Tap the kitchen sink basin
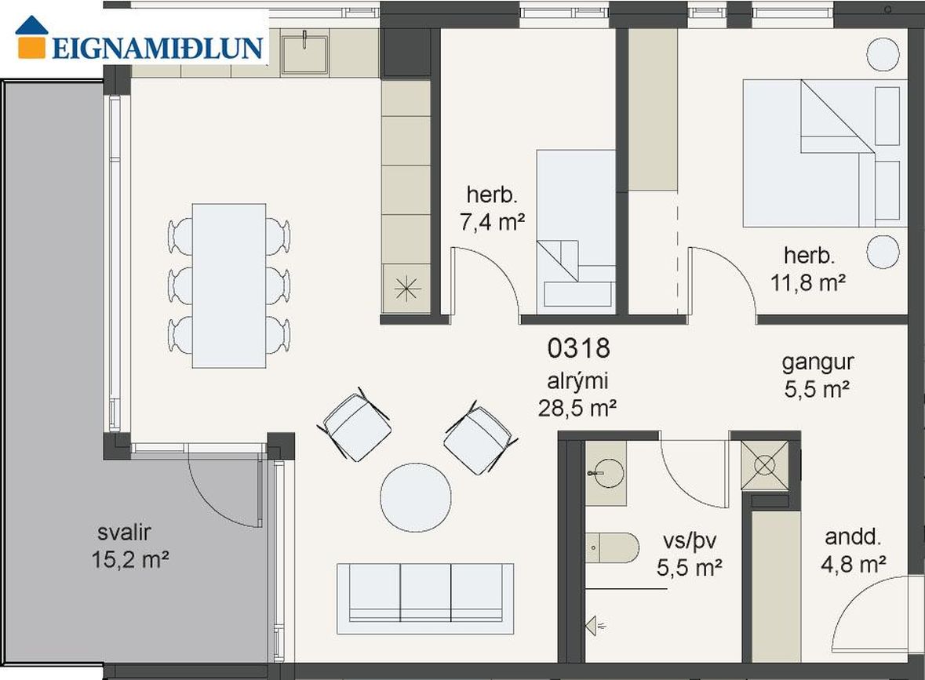tap(304, 54)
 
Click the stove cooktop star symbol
tap(406, 289)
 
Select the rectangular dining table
tap(229, 286)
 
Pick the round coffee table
tap(416, 497)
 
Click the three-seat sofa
tap(425, 598)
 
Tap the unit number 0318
tap(578, 348)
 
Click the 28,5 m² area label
tap(577, 408)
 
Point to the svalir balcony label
tap(124, 533)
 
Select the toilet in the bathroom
tap(612, 548)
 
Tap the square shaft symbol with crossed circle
tap(764, 465)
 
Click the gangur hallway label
tap(818, 362)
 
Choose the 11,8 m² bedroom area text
tap(808, 282)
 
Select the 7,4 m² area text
tap(492, 222)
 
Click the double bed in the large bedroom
tap(825, 154)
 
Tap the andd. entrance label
tap(853, 536)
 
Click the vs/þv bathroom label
tap(690, 541)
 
